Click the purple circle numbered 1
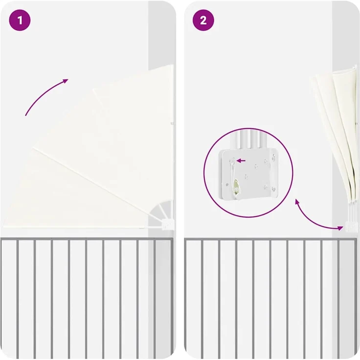pos(20,20)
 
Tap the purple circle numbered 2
pos(203,20)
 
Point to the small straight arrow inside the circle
pos(241,161)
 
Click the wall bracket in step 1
pos(167,225)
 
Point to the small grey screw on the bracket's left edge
pos(227,184)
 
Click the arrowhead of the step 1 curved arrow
pos(66,81)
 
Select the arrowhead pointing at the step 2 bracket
pos(340,228)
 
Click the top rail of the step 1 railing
pos(87,239)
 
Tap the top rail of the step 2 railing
pos(270,240)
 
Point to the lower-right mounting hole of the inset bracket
pos(273,189)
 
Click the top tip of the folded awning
pos(355,67)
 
